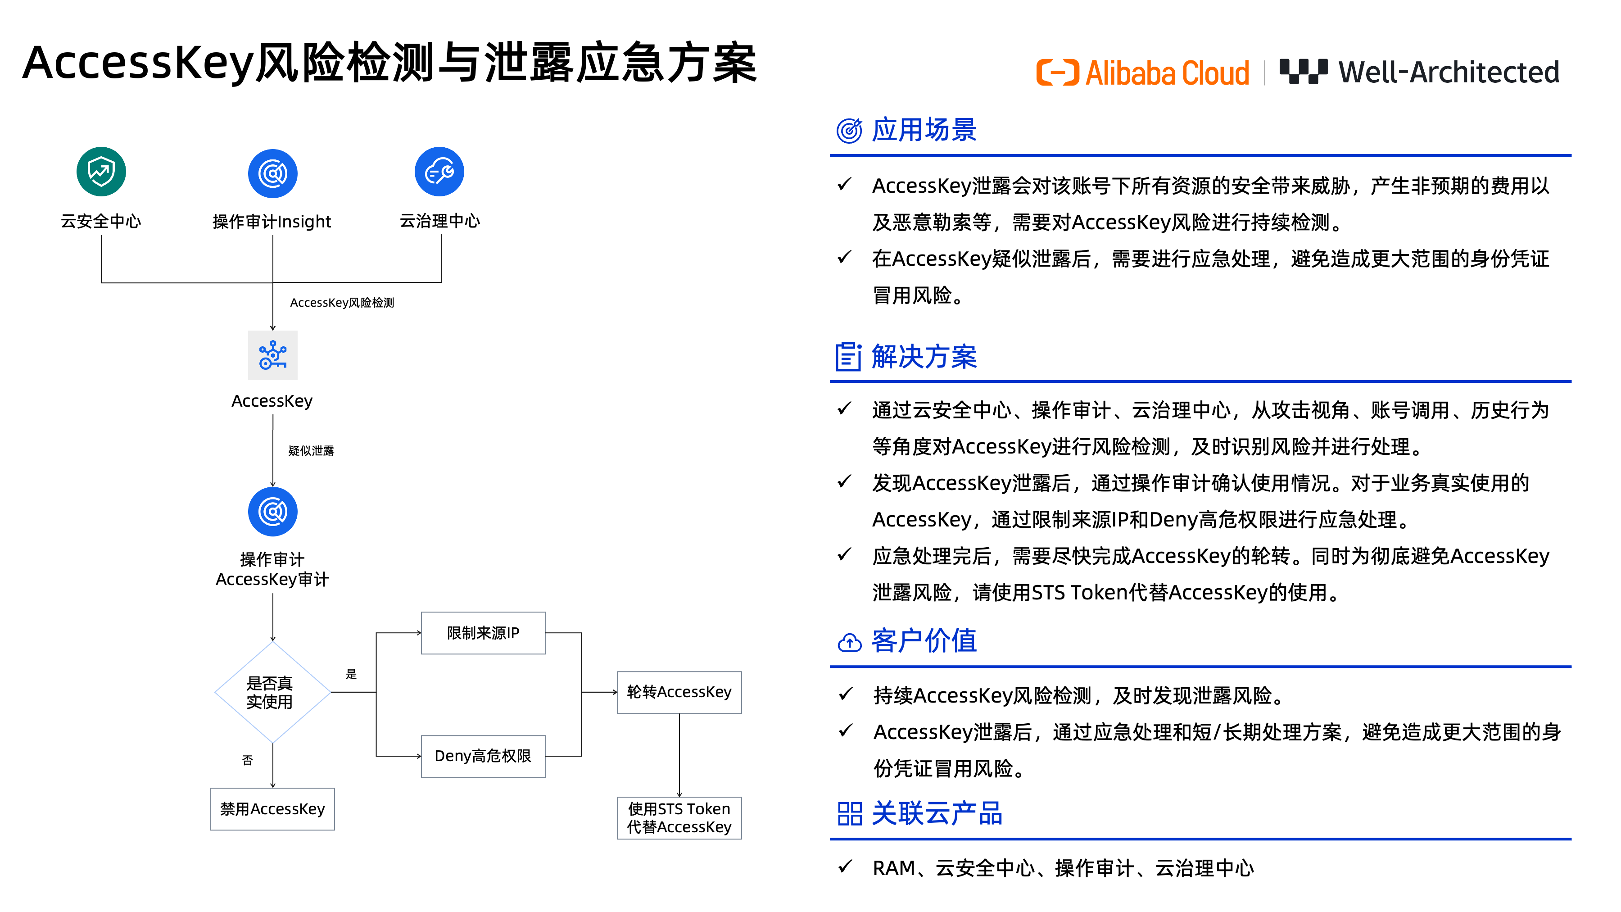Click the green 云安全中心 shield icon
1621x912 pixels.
point(101,171)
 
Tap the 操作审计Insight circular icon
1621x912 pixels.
point(272,174)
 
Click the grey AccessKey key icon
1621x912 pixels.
point(272,355)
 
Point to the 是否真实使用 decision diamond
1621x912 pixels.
point(272,692)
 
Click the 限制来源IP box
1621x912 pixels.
point(483,633)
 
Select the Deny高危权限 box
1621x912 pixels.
point(483,756)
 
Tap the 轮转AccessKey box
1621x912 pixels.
point(679,692)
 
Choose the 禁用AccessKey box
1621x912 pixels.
point(272,809)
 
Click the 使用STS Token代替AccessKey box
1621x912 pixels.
point(679,817)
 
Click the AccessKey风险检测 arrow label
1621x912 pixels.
point(342,303)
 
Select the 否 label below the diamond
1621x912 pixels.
point(247,760)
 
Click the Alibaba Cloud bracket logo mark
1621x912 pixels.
point(1057,73)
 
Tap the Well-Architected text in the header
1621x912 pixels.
point(1449,73)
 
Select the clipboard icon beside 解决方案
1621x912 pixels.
point(848,357)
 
